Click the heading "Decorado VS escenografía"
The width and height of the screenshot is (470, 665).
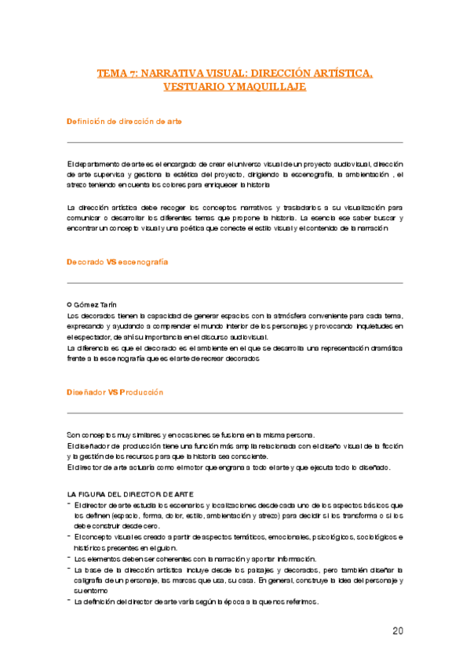click(118, 261)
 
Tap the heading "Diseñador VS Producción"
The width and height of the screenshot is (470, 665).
click(115, 391)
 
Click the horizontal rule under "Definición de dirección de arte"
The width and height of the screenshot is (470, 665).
click(235, 142)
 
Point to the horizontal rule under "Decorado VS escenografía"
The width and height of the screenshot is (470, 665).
click(235, 282)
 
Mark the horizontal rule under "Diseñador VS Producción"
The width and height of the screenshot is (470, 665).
click(235, 412)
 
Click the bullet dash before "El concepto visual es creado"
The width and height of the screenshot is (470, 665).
click(69, 536)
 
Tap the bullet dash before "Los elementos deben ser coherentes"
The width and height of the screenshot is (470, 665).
click(69, 558)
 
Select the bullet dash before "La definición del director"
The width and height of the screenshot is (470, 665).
click(69, 601)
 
